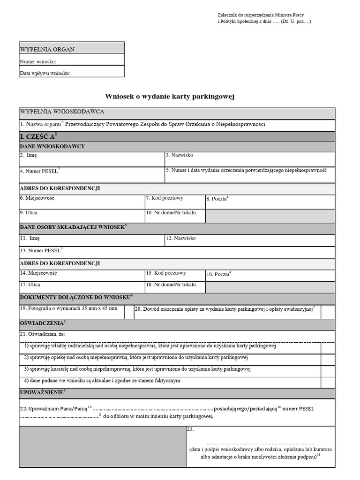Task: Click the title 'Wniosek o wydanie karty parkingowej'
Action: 169,97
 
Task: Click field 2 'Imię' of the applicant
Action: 91,159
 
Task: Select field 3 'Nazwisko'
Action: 249,159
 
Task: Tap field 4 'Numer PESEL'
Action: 91,174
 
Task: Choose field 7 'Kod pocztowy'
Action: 174,202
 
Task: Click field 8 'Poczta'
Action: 270,202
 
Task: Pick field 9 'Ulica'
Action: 82,216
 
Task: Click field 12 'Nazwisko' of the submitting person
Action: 249,240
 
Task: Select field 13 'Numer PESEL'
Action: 177,253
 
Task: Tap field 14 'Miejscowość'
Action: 82,275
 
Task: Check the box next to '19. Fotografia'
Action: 129,312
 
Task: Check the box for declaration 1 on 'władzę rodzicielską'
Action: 328,348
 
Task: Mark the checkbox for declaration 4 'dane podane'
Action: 328,382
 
